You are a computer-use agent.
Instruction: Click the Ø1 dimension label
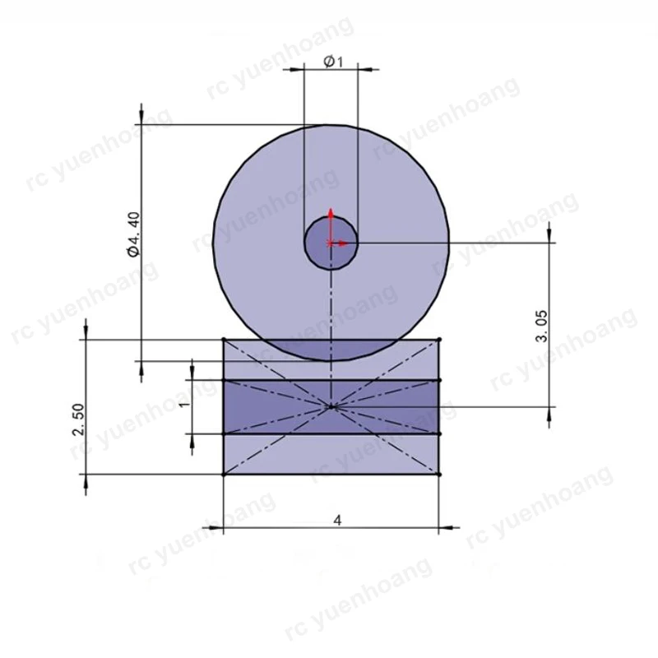coord(333,63)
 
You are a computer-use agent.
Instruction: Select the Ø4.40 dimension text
coord(134,234)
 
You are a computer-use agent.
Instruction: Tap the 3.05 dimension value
coord(542,327)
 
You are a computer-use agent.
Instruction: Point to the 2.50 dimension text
coord(78,419)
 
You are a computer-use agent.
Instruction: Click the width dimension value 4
coord(337,521)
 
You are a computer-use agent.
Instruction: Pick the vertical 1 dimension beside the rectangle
coord(184,404)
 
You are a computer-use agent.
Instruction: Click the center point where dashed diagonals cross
coord(331,406)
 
